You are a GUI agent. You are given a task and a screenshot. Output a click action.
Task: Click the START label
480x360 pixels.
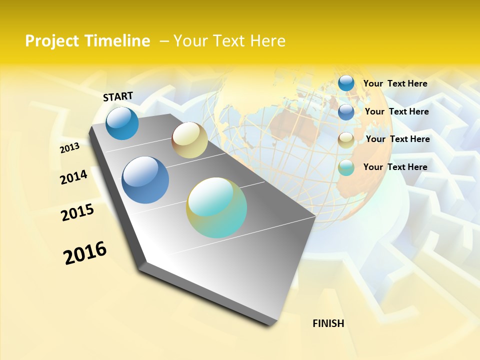(x=118, y=96)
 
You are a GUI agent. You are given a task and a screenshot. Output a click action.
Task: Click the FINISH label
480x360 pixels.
(x=328, y=323)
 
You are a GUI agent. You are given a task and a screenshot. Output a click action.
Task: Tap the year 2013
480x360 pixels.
(x=69, y=148)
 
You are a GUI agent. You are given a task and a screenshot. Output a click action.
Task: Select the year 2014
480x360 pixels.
(x=73, y=177)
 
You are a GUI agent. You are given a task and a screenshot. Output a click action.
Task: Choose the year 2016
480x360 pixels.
(x=85, y=252)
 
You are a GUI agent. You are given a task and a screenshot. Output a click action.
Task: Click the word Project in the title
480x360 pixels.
(x=52, y=41)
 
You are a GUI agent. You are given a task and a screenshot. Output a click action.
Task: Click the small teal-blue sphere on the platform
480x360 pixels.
(x=122, y=123)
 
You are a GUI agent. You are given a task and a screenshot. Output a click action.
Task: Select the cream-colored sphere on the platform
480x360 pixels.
(x=189, y=139)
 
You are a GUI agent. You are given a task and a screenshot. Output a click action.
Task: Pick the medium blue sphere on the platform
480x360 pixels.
(x=145, y=180)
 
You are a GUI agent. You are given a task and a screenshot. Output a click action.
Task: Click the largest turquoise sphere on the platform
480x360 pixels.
(x=216, y=207)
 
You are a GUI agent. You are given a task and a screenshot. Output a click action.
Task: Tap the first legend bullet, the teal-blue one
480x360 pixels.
(x=346, y=83)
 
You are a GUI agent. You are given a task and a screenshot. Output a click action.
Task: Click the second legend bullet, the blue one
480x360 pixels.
(x=346, y=112)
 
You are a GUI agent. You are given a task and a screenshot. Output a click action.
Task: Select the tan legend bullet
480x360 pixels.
(x=346, y=140)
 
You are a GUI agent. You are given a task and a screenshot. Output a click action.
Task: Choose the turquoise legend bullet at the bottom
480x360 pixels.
(x=346, y=167)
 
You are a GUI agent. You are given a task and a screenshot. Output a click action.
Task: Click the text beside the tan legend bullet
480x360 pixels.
(x=397, y=139)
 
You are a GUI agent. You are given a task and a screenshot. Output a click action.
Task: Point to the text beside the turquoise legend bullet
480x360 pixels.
(x=395, y=167)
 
